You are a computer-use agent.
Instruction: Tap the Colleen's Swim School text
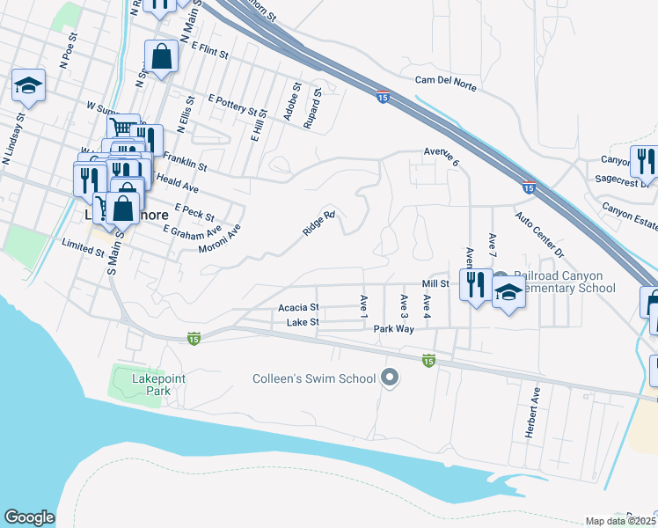[313, 379]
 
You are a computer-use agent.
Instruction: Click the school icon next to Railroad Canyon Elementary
[508, 293]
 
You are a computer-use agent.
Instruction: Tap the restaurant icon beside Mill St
[475, 284]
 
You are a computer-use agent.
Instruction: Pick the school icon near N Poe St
[28, 85]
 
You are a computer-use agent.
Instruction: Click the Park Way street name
[393, 328]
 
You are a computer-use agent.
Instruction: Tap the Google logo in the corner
[29, 517]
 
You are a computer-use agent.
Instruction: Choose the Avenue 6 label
[442, 157]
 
